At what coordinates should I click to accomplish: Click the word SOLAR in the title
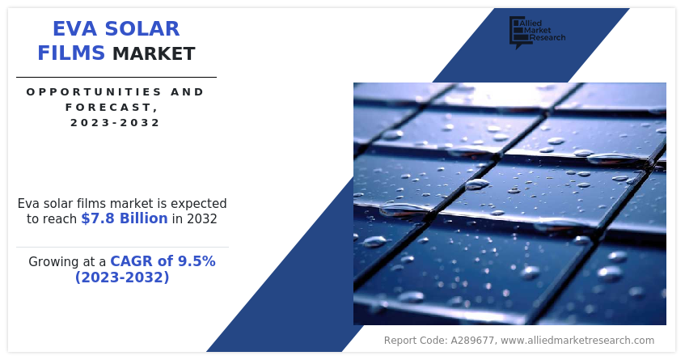click(x=147, y=29)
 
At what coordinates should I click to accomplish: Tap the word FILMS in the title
click(x=71, y=53)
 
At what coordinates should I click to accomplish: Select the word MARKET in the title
click(x=154, y=54)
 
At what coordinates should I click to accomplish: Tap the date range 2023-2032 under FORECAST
click(x=116, y=123)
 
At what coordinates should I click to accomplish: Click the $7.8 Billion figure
click(x=124, y=218)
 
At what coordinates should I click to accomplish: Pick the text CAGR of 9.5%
click(x=163, y=261)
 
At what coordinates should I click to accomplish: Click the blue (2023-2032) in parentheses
click(x=122, y=277)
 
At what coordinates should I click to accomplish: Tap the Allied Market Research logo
click(x=536, y=32)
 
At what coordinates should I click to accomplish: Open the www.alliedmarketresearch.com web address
click(x=577, y=341)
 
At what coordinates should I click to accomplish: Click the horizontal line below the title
click(x=116, y=77)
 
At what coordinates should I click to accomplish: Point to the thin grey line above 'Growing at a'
click(x=122, y=247)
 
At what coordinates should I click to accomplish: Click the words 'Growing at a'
click(x=67, y=262)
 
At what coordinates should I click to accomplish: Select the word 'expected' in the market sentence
click(x=199, y=204)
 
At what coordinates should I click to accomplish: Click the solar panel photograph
click(x=510, y=203)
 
